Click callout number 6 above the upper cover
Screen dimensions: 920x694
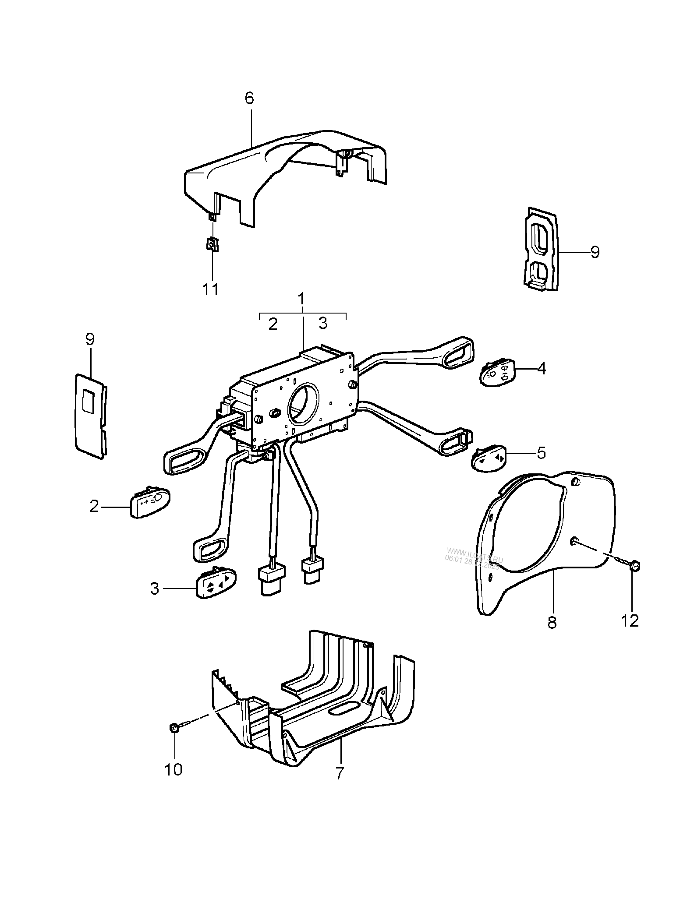(x=249, y=98)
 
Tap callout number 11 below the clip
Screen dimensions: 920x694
(x=210, y=289)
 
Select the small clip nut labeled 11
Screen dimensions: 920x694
(x=212, y=244)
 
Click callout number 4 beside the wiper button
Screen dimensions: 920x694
(x=542, y=369)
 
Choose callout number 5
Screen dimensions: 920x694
(x=542, y=453)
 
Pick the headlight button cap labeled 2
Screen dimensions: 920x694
(x=149, y=504)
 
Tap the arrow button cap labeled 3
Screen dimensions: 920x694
(x=216, y=582)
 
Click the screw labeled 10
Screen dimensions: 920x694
(x=174, y=728)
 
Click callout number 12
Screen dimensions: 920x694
(x=630, y=620)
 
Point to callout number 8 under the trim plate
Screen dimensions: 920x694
(x=552, y=622)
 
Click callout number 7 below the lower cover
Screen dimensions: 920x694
(x=340, y=774)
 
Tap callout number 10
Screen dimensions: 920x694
(x=173, y=770)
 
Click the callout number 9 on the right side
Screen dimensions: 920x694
(x=595, y=252)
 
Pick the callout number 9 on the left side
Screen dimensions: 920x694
(x=90, y=339)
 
